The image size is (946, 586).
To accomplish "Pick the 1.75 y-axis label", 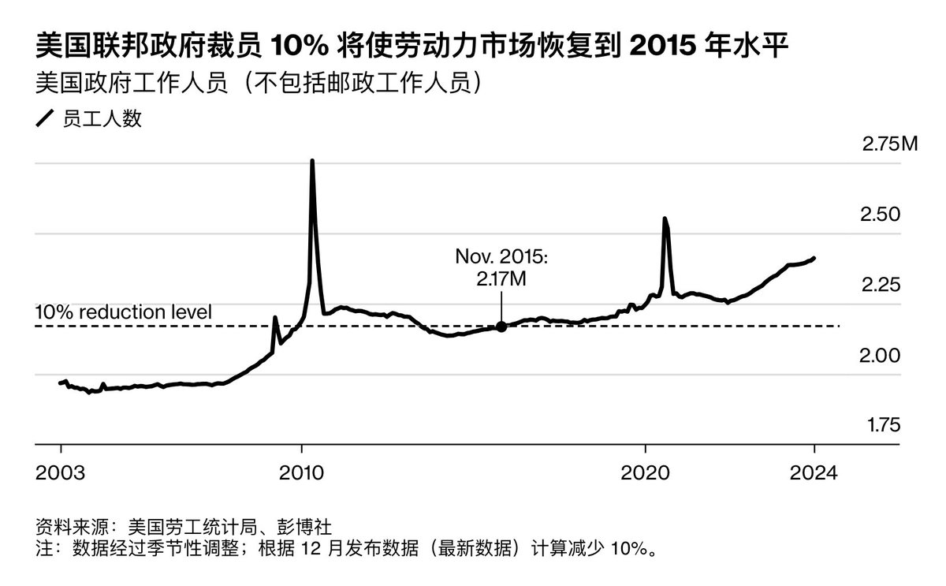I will coord(883,425).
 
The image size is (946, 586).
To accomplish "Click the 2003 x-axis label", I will coord(61,473).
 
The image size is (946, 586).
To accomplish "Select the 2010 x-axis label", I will coord(301,473).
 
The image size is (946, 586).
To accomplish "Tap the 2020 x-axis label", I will coord(646,473).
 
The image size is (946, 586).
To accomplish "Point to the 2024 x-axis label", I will coord(814,473).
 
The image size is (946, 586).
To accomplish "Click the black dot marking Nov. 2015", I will coord(501,326).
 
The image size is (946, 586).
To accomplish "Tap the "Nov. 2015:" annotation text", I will coord(501,257).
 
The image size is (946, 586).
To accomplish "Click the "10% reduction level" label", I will coord(124,312).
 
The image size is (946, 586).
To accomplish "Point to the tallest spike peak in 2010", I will coord(312,161).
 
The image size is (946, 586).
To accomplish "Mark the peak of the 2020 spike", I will coord(665,218).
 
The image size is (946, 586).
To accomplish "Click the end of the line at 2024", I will coord(814,258).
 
